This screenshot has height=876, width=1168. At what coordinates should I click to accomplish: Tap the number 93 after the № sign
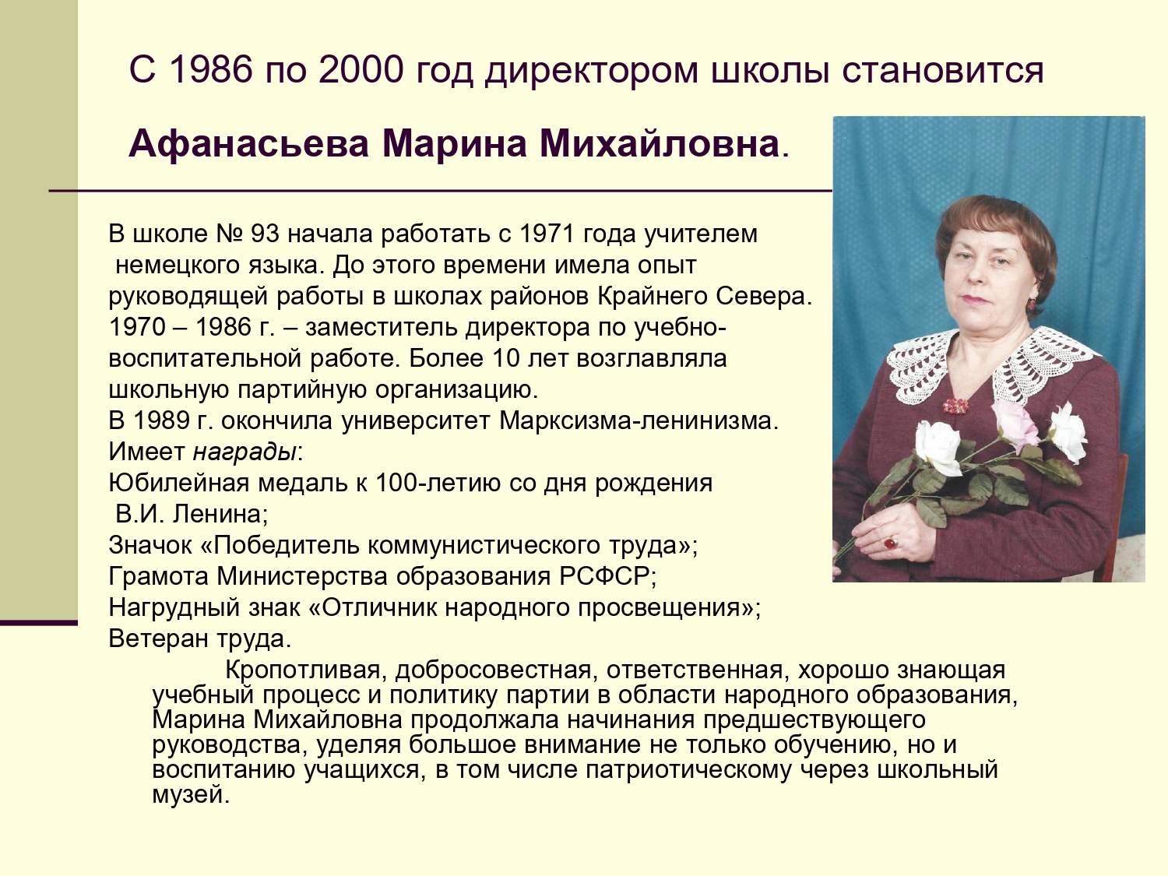[x=265, y=234]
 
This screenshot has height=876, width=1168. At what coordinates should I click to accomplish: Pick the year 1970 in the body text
[x=137, y=328]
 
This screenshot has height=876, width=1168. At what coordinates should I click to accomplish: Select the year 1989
[x=162, y=421]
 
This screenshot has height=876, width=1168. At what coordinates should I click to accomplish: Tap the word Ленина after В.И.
[x=218, y=515]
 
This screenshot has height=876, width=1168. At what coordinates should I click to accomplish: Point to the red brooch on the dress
[x=956, y=406]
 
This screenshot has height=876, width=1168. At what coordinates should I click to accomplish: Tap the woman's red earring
[x=1031, y=303]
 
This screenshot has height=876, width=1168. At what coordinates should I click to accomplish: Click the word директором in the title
[x=591, y=72]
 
